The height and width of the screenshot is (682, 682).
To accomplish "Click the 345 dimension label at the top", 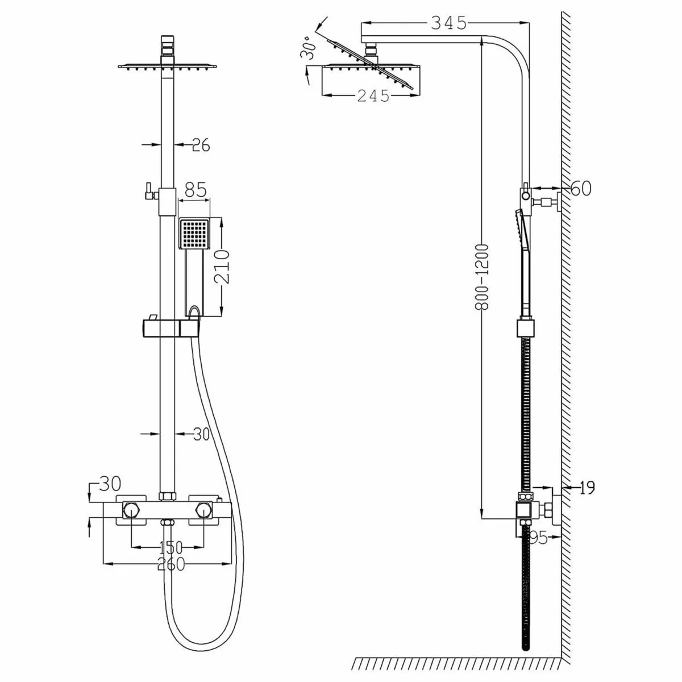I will [x=448, y=23].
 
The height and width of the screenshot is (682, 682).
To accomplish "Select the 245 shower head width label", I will [x=373, y=96].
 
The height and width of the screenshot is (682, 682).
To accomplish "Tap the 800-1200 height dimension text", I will [x=482, y=277].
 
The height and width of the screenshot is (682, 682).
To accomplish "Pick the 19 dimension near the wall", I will [x=588, y=488].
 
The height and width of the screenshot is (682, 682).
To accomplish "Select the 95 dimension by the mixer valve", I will [x=538, y=538].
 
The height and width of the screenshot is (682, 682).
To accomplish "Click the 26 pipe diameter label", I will [x=201, y=145].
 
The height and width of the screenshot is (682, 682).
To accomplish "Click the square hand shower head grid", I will [x=195, y=233].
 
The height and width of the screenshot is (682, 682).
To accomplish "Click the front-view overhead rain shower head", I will [x=167, y=66].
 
